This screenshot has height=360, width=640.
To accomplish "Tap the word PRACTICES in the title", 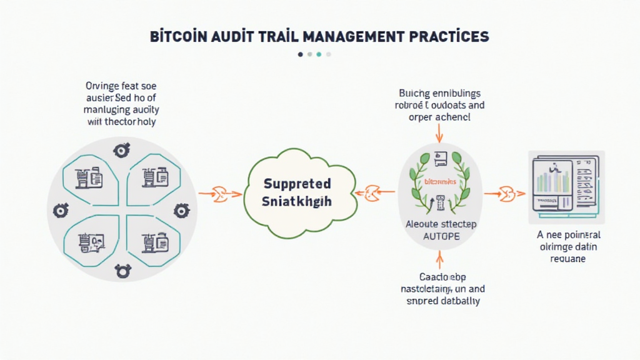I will (449, 37).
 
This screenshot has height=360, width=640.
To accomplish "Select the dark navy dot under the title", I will (301, 54).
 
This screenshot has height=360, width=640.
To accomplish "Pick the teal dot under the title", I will (319, 54).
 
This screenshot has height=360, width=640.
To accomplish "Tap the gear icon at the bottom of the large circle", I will (122, 271).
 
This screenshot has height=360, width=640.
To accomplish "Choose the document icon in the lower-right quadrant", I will (153, 241).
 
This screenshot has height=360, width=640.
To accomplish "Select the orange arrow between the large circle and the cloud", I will (220, 194).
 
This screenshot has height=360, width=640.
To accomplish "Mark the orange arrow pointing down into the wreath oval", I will (439, 132).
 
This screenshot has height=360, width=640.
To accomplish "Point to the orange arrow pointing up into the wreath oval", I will (439, 257).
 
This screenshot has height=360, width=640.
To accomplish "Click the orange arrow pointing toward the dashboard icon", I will (502, 194).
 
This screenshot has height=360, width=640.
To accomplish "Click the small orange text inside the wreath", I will (441, 181).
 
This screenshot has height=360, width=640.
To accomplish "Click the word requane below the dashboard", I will (569, 258).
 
